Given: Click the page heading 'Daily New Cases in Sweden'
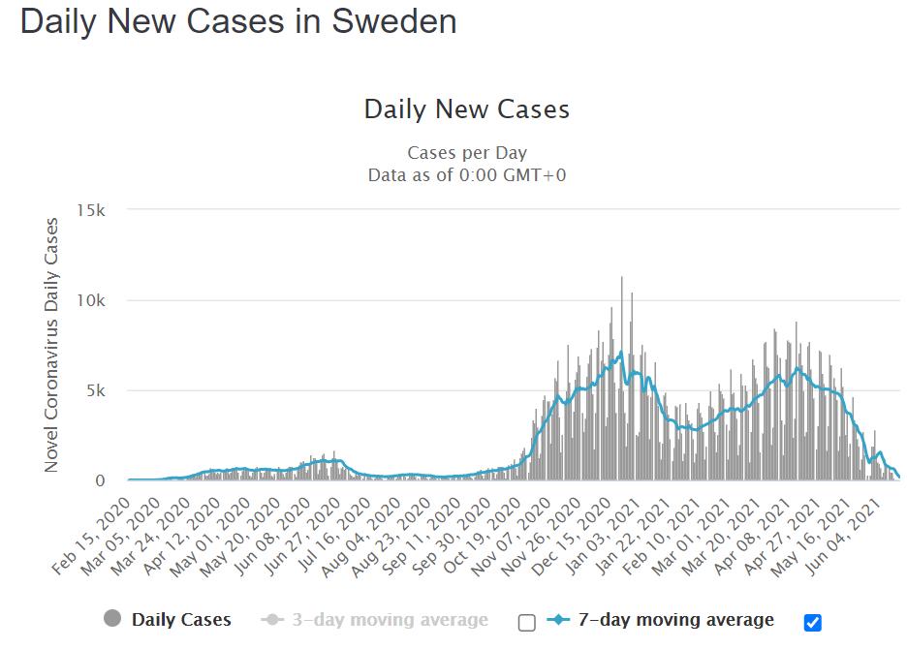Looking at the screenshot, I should pyautogui.click(x=238, y=21).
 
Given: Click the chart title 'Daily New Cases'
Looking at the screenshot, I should pyautogui.click(x=466, y=108).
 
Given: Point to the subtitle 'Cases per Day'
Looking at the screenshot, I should pyautogui.click(x=467, y=153).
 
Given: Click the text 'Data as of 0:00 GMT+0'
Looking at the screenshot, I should pyautogui.click(x=467, y=175).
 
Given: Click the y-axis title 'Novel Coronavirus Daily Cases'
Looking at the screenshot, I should pyautogui.click(x=52, y=345).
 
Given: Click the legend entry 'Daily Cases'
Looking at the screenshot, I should pyautogui.click(x=181, y=620).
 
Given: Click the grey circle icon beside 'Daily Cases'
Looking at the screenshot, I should pyautogui.click(x=112, y=619).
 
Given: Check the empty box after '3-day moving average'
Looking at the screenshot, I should pyautogui.click(x=527, y=623).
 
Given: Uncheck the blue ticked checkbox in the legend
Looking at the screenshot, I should pyautogui.click(x=813, y=623).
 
